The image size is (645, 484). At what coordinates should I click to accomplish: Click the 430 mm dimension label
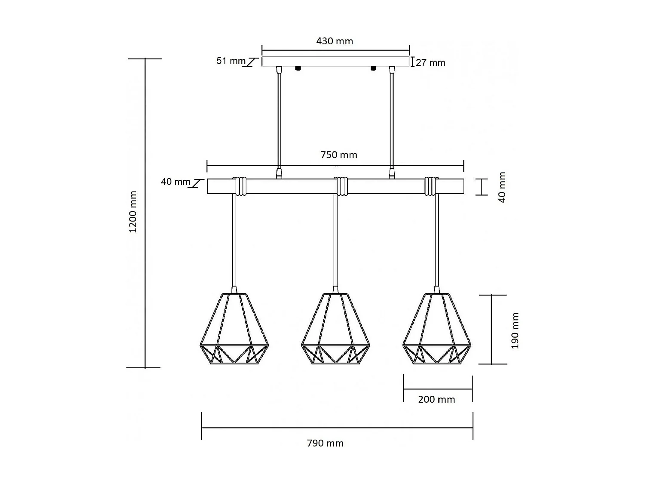(335, 41)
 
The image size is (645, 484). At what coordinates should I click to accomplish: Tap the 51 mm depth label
(230, 61)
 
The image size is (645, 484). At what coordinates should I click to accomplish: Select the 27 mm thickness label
(430, 63)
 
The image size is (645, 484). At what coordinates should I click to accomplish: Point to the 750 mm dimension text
(339, 155)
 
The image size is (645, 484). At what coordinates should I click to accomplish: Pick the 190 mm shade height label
(515, 330)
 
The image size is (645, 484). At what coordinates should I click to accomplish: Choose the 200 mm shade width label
(436, 400)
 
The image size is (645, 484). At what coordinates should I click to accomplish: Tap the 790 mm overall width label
(325, 443)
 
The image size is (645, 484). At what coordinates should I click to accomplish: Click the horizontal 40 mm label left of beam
(175, 182)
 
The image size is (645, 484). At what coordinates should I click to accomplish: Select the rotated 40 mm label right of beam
(502, 187)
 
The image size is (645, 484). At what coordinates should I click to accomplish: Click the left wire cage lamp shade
(234, 329)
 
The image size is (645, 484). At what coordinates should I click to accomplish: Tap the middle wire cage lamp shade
(336, 329)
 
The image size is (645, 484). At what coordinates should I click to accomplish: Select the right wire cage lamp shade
(437, 329)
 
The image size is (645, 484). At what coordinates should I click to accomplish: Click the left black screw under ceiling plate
(297, 68)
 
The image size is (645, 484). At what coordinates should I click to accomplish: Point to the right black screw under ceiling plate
(373, 68)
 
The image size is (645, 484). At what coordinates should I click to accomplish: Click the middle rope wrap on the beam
(342, 186)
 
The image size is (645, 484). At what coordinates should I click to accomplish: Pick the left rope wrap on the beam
(240, 186)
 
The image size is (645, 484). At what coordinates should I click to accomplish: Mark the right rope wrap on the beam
(430, 186)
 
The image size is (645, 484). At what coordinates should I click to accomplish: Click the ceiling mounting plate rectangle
(335, 62)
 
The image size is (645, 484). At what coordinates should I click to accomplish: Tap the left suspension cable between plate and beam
(279, 120)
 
